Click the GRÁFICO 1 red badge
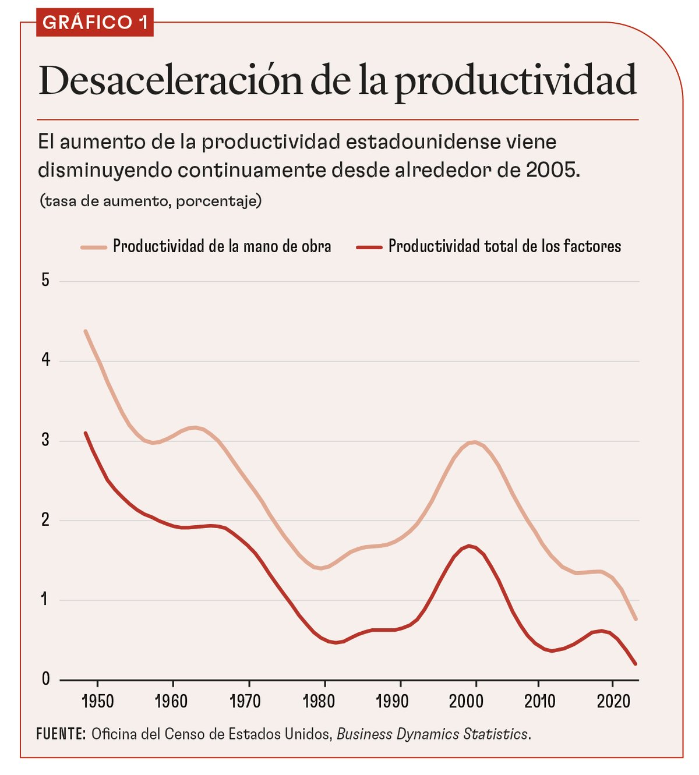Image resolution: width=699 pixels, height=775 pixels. click(95, 23)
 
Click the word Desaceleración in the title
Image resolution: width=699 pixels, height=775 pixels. click(170, 81)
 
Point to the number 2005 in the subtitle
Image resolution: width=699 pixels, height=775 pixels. click(552, 170)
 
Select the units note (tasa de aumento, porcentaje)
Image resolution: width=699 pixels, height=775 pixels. click(150, 201)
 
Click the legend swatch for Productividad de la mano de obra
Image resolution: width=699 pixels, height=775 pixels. click(94, 247)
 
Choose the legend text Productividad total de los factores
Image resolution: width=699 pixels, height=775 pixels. click(504, 246)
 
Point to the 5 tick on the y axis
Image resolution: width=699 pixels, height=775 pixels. click(45, 281)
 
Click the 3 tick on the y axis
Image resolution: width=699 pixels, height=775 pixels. click(45, 440)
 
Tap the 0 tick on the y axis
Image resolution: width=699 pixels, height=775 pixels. click(45, 679)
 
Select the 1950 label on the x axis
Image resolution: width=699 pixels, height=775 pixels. click(97, 700)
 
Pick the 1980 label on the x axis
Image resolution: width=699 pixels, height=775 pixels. click(319, 700)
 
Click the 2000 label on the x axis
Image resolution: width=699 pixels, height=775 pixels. click(466, 700)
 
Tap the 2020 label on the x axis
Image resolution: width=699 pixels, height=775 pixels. click(613, 700)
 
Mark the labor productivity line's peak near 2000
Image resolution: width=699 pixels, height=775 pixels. click(474, 442)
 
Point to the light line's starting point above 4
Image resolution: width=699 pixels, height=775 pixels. click(86, 331)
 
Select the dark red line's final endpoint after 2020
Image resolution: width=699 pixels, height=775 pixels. click(635, 664)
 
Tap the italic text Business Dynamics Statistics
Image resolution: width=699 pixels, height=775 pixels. click(432, 734)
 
